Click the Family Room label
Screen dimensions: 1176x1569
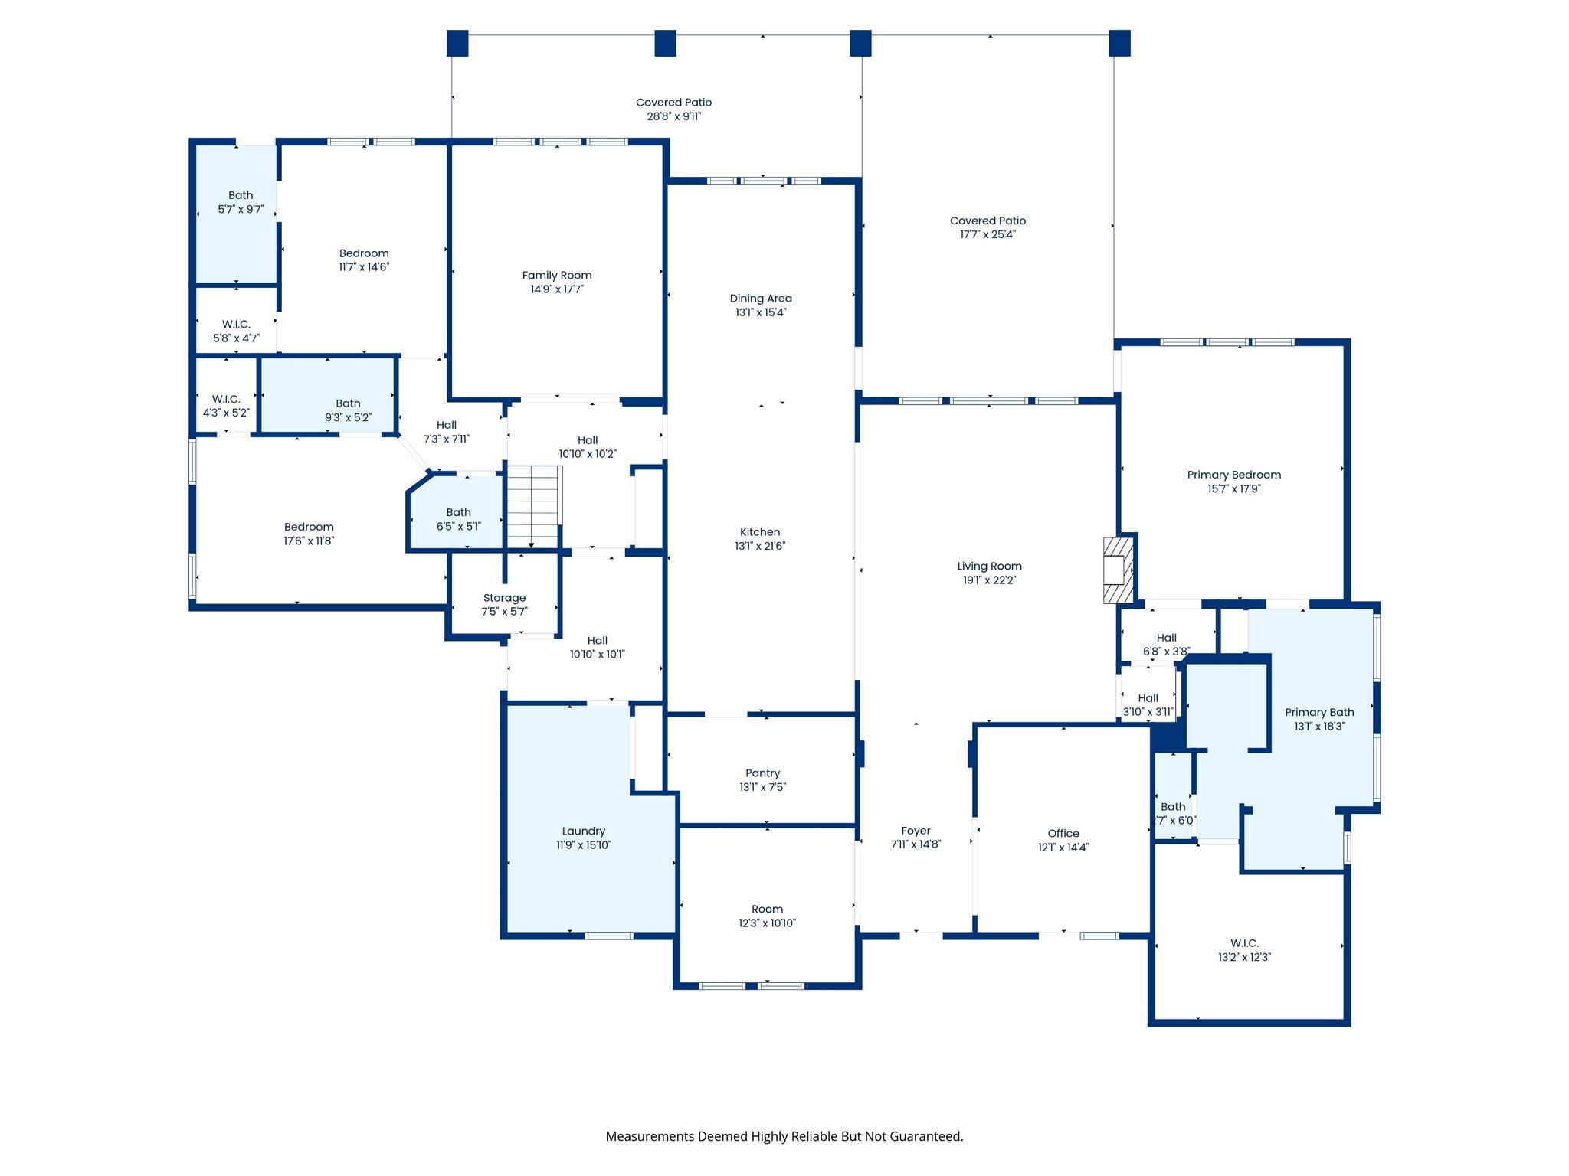click(x=556, y=276)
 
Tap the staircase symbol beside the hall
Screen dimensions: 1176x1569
click(x=534, y=506)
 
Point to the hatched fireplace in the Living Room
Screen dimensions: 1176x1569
click(x=1118, y=570)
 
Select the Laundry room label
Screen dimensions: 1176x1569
click(x=583, y=831)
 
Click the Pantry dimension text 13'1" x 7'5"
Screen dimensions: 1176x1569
click(x=762, y=787)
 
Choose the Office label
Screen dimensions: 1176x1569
click(x=1063, y=834)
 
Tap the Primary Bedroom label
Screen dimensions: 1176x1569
click(x=1233, y=475)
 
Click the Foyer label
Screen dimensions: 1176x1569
click(x=916, y=831)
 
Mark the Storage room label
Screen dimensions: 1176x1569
click(x=504, y=598)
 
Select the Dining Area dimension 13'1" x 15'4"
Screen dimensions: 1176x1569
click(x=761, y=312)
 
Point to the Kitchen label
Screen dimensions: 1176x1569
click(x=759, y=532)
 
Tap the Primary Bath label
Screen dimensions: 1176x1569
click(x=1319, y=712)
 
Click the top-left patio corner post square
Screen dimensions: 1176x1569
click(x=457, y=43)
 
